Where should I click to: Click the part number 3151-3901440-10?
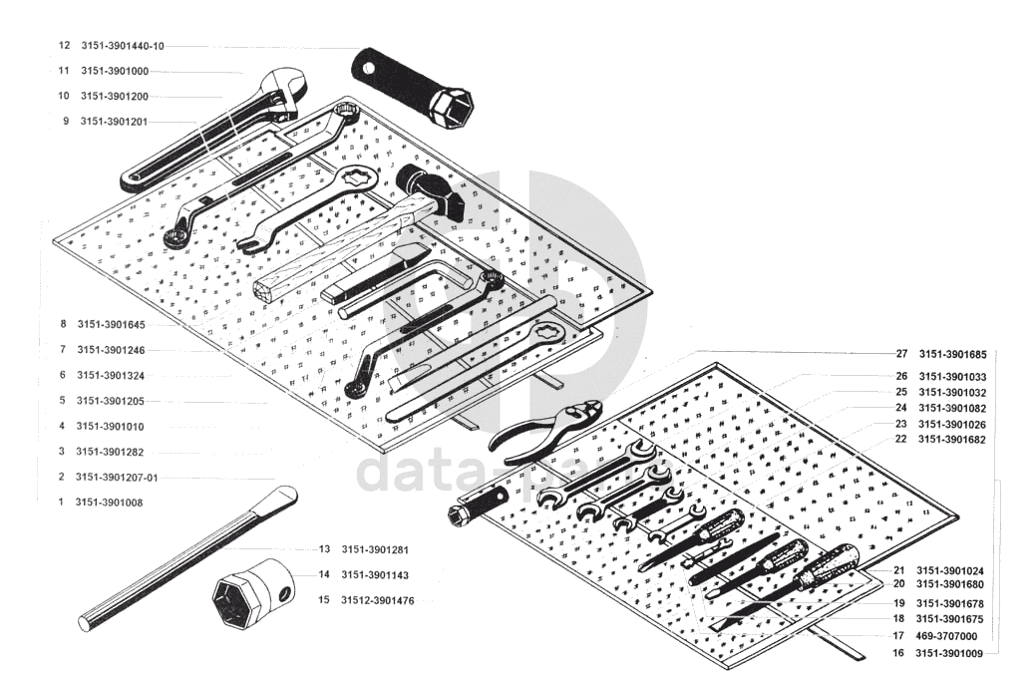[123, 46]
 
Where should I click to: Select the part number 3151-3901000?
[115, 71]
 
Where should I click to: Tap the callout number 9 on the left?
[66, 122]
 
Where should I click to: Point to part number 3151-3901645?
[111, 325]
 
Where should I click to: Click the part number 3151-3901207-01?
[117, 478]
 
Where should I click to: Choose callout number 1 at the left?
[61, 503]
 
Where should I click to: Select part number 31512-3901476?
[378, 601]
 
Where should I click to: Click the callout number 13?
[324, 549]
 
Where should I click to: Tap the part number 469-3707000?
[946, 636]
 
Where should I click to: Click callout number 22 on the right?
[900, 439]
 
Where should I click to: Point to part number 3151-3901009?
[950, 653]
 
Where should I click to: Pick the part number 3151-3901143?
[375, 575]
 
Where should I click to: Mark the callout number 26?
[901, 376]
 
